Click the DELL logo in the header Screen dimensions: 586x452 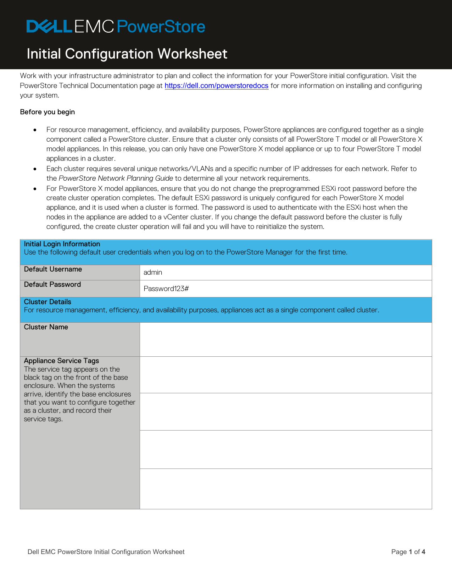50,27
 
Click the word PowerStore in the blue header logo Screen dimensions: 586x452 161,27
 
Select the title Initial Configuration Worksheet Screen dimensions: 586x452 127,54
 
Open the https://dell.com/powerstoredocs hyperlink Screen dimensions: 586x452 216,86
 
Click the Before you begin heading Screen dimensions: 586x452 48,112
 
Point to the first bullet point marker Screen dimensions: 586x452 35,130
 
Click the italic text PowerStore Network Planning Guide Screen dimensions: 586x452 116,178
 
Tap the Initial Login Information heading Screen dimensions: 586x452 62,244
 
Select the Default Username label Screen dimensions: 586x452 53,269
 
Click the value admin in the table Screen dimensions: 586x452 153,273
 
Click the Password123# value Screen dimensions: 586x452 166,289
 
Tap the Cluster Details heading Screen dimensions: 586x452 48,302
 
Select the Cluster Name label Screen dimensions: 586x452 46,327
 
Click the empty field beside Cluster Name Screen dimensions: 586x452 285,339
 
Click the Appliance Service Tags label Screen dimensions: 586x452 61,361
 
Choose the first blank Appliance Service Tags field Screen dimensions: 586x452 285,375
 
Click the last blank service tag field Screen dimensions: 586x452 285,489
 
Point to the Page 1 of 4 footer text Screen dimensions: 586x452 408,552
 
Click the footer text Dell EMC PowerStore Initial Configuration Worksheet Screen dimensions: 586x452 106,552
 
